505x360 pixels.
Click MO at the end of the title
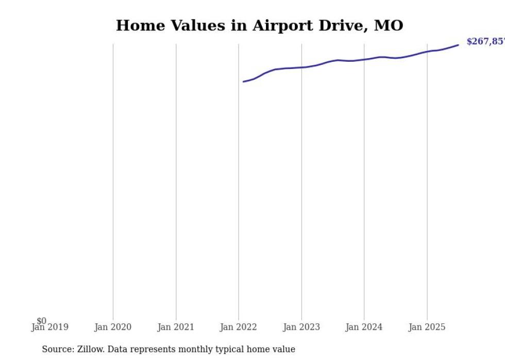coord(388,25)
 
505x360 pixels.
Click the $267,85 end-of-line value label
coord(485,42)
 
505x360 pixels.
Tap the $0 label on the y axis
coord(41,321)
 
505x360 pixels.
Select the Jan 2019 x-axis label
coord(50,327)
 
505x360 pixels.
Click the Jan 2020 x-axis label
coord(113,327)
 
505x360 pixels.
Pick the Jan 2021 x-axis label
coord(176,327)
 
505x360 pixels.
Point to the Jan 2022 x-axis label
coord(239,327)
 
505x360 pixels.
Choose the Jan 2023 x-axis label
coord(301,327)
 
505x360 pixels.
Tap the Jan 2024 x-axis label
coord(364,327)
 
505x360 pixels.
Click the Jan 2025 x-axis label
coord(427,327)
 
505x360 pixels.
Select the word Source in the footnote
coord(57,349)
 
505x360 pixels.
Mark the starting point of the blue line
coord(243,81)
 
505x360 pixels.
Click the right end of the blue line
coord(458,45)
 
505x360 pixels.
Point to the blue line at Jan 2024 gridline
coord(364,59)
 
